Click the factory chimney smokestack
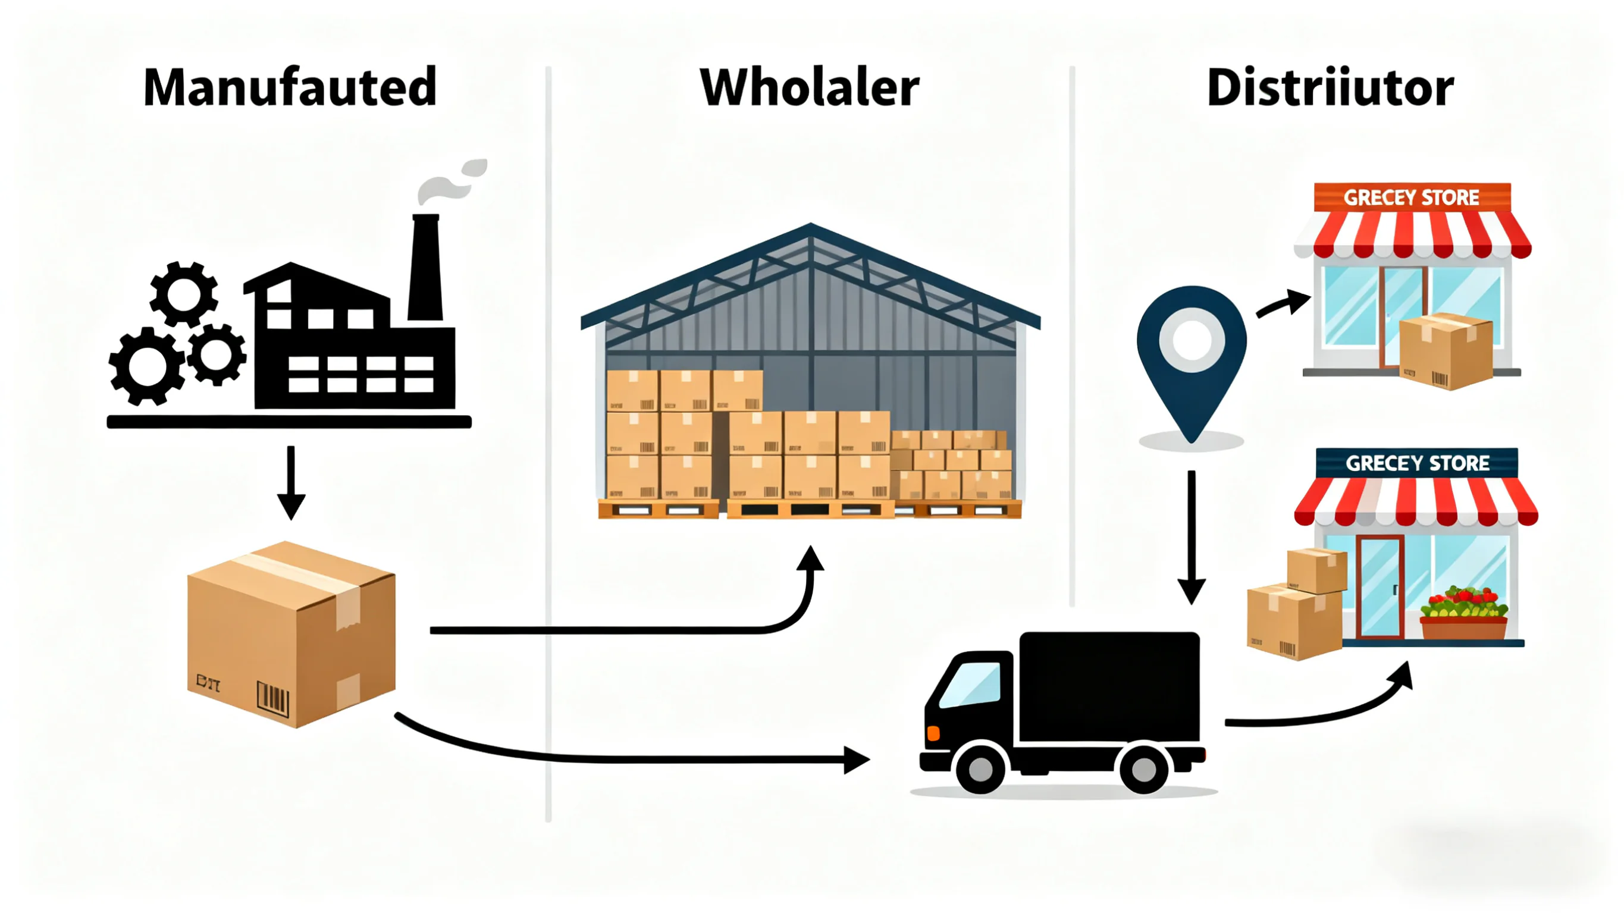point(425,268)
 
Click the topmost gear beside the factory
point(183,294)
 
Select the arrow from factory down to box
point(291,482)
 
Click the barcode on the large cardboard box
point(272,698)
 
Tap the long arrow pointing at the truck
point(631,757)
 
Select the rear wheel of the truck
point(1143,768)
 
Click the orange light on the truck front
point(933,733)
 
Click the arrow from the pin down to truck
point(1191,536)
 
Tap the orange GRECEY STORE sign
point(1412,197)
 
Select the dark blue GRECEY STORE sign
point(1416,463)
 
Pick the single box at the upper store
point(1445,351)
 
